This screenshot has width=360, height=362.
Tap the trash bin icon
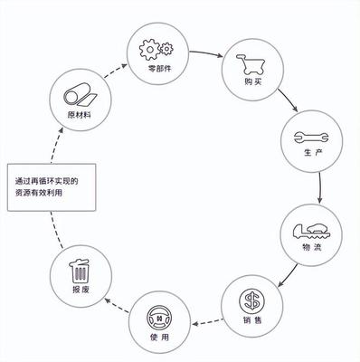[81, 271]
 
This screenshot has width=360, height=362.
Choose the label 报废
[81, 291]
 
